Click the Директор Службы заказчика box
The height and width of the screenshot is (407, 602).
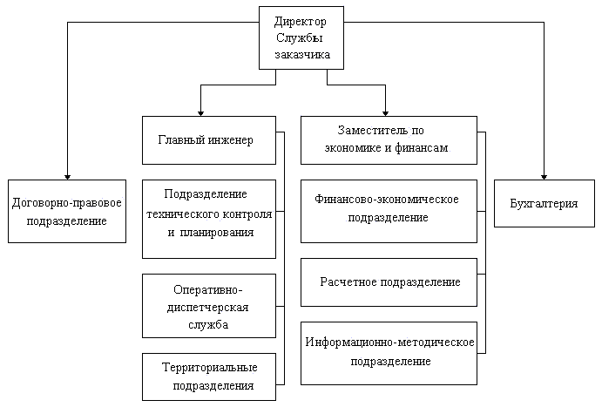[x=301, y=37]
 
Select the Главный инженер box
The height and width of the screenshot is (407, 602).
[x=208, y=139]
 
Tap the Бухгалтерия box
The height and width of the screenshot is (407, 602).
[x=544, y=203]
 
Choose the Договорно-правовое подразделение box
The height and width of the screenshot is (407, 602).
[x=67, y=211]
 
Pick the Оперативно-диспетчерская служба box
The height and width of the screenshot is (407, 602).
[x=208, y=306]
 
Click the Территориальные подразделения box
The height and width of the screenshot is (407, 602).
[x=208, y=376]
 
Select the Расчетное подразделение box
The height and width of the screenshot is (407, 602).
[x=389, y=282]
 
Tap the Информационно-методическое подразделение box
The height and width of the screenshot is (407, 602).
[x=389, y=352]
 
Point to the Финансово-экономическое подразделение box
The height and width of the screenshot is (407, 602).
[x=389, y=210]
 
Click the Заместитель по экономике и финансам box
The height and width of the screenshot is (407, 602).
[x=389, y=139]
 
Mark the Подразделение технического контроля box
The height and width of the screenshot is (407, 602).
[x=208, y=218]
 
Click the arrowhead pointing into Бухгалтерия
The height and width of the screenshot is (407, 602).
[x=544, y=175]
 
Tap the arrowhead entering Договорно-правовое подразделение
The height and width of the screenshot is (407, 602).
[x=67, y=175]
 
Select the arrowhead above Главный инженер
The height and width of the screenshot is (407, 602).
[x=201, y=112]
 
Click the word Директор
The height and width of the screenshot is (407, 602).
[x=301, y=21]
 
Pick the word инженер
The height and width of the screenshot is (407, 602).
[x=231, y=139]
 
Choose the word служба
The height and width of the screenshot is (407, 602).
[x=208, y=324]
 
